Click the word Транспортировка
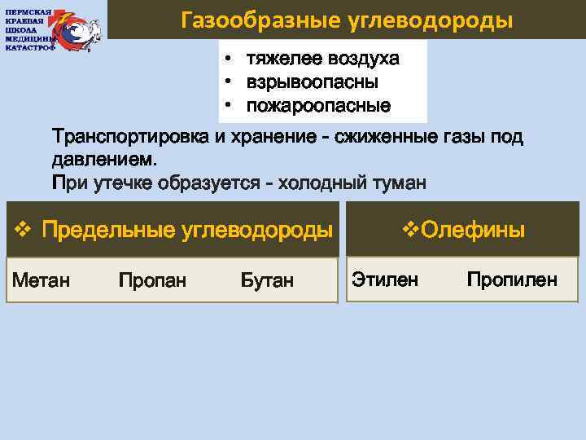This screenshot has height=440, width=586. pos(131,137)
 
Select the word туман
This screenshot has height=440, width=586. pos(394,182)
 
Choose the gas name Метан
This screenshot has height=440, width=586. pos(40,280)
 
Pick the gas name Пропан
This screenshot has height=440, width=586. pos(152,280)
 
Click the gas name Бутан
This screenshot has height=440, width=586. pos(268,280)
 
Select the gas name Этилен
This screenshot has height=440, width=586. pos(385,279)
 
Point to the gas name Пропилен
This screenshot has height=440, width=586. pos(512,279)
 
